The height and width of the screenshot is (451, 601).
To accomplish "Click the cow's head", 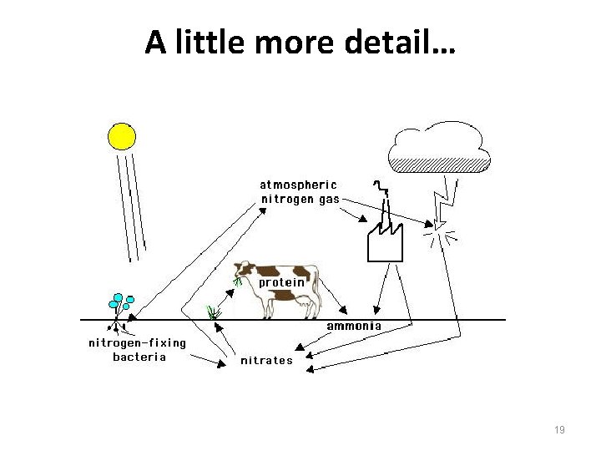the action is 245,271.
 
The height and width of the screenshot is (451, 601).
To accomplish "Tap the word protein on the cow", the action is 281,282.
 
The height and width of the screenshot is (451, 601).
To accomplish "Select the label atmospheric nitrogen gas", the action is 300,192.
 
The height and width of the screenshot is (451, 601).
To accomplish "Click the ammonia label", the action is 353,325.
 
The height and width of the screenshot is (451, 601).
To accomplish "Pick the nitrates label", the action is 266,361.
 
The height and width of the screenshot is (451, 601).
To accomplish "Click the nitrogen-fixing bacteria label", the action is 138,350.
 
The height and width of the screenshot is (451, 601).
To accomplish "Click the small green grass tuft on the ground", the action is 214,312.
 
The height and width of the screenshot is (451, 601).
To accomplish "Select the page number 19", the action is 559,429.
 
